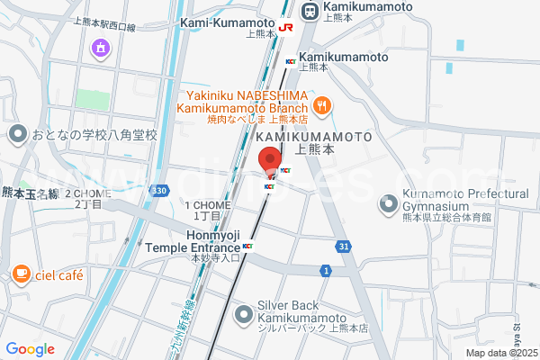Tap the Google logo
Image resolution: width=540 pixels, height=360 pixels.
(30, 349)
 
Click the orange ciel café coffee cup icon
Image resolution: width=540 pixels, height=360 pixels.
(21, 274)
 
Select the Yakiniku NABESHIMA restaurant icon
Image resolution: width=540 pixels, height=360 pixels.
(323, 103)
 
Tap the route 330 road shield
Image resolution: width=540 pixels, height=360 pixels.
(159, 191)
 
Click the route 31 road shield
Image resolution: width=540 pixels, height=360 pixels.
(345, 247)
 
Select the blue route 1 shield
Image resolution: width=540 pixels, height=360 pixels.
(325, 270)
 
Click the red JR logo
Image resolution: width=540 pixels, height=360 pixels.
(286, 28)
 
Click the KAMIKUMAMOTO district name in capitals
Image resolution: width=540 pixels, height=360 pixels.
(314, 137)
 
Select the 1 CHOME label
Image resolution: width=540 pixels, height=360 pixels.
(208, 205)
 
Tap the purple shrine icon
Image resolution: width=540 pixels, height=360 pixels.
(100, 47)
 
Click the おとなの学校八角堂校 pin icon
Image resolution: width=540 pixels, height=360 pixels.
(17, 135)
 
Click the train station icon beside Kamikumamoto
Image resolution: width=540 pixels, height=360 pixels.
(310, 12)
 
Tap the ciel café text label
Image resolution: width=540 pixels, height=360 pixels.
(59, 274)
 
